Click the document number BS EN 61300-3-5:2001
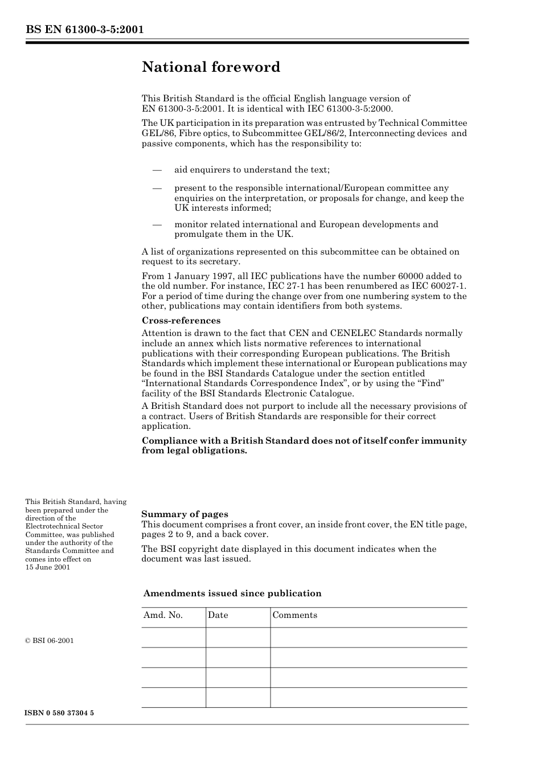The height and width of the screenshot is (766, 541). pos(84,30)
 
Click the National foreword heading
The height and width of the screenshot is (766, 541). pos(211,67)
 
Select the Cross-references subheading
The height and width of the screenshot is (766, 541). pos(181,321)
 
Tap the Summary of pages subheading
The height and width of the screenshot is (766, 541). pos(185,514)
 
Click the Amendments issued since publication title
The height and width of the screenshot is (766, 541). pos(232,593)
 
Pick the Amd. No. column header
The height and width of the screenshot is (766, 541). pos(163,615)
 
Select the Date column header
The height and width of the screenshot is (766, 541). pos(218,615)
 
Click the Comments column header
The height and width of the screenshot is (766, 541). pos(294,615)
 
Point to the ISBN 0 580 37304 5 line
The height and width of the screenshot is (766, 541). pos(60,713)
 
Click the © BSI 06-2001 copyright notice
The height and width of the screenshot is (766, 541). pos(50,641)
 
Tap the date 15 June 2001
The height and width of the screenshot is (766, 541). pos(48,567)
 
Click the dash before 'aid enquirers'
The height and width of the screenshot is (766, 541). pos(157,170)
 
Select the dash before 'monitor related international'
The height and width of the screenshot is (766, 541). pos(157,224)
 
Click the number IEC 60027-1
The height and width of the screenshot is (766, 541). pos(438,286)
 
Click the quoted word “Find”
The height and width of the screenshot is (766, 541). pos(431,383)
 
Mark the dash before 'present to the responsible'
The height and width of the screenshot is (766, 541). pos(157,188)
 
